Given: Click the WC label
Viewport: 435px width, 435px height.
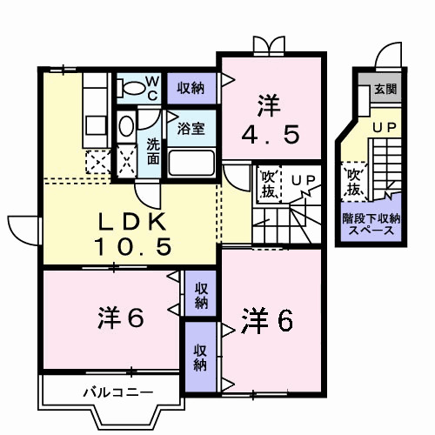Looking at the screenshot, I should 151,87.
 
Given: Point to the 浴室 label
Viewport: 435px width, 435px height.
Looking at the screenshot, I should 191,129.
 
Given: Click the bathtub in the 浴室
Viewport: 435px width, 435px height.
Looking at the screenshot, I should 192,163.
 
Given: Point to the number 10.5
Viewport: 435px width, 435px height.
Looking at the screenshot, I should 129,249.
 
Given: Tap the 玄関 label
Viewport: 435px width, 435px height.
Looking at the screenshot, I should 384,88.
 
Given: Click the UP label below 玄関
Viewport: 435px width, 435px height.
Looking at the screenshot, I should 384,128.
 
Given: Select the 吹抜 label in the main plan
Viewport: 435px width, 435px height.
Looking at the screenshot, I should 268,182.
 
